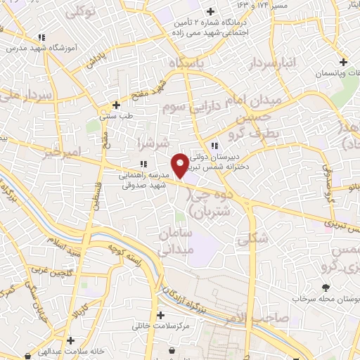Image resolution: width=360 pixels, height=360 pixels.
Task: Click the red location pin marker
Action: pyautogui.click(x=180, y=165)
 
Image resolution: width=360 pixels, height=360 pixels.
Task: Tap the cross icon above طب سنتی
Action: pyautogui.click(x=115, y=105)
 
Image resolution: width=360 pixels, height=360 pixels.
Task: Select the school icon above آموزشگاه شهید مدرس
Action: pyautogui.click(x=41, y=37)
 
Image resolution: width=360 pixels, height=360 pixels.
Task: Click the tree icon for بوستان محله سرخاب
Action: pyautogui.click(x=326, y=287)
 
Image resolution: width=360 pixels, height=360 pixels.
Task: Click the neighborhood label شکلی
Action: pyautogui.click(x=252, y=238)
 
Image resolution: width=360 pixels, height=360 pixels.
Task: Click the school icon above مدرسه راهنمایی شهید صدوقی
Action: pyautogui.click(x=143, y=164)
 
